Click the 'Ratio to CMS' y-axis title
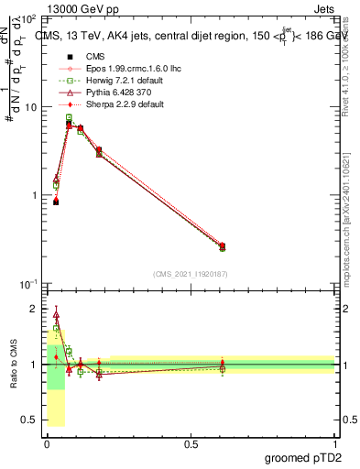pos(13,365)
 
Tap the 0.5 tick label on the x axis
pos(191,443)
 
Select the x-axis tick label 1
pos(334,443)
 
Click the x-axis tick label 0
pos(47,443)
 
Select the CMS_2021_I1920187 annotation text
pos(191,274)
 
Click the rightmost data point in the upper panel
pos(223,246)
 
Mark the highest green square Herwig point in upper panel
pos(69,118)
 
